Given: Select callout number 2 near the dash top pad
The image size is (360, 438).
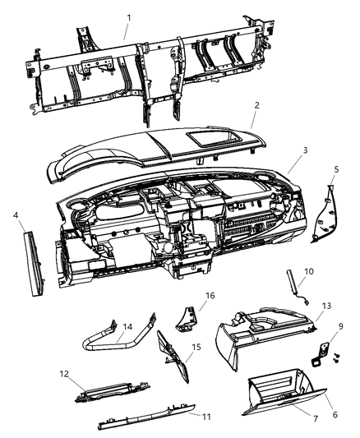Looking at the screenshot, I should tap(257, 106).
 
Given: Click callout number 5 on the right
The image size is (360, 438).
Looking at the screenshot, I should tap(335, 170).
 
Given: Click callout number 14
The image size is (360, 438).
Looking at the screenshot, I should tap(128, 327).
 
